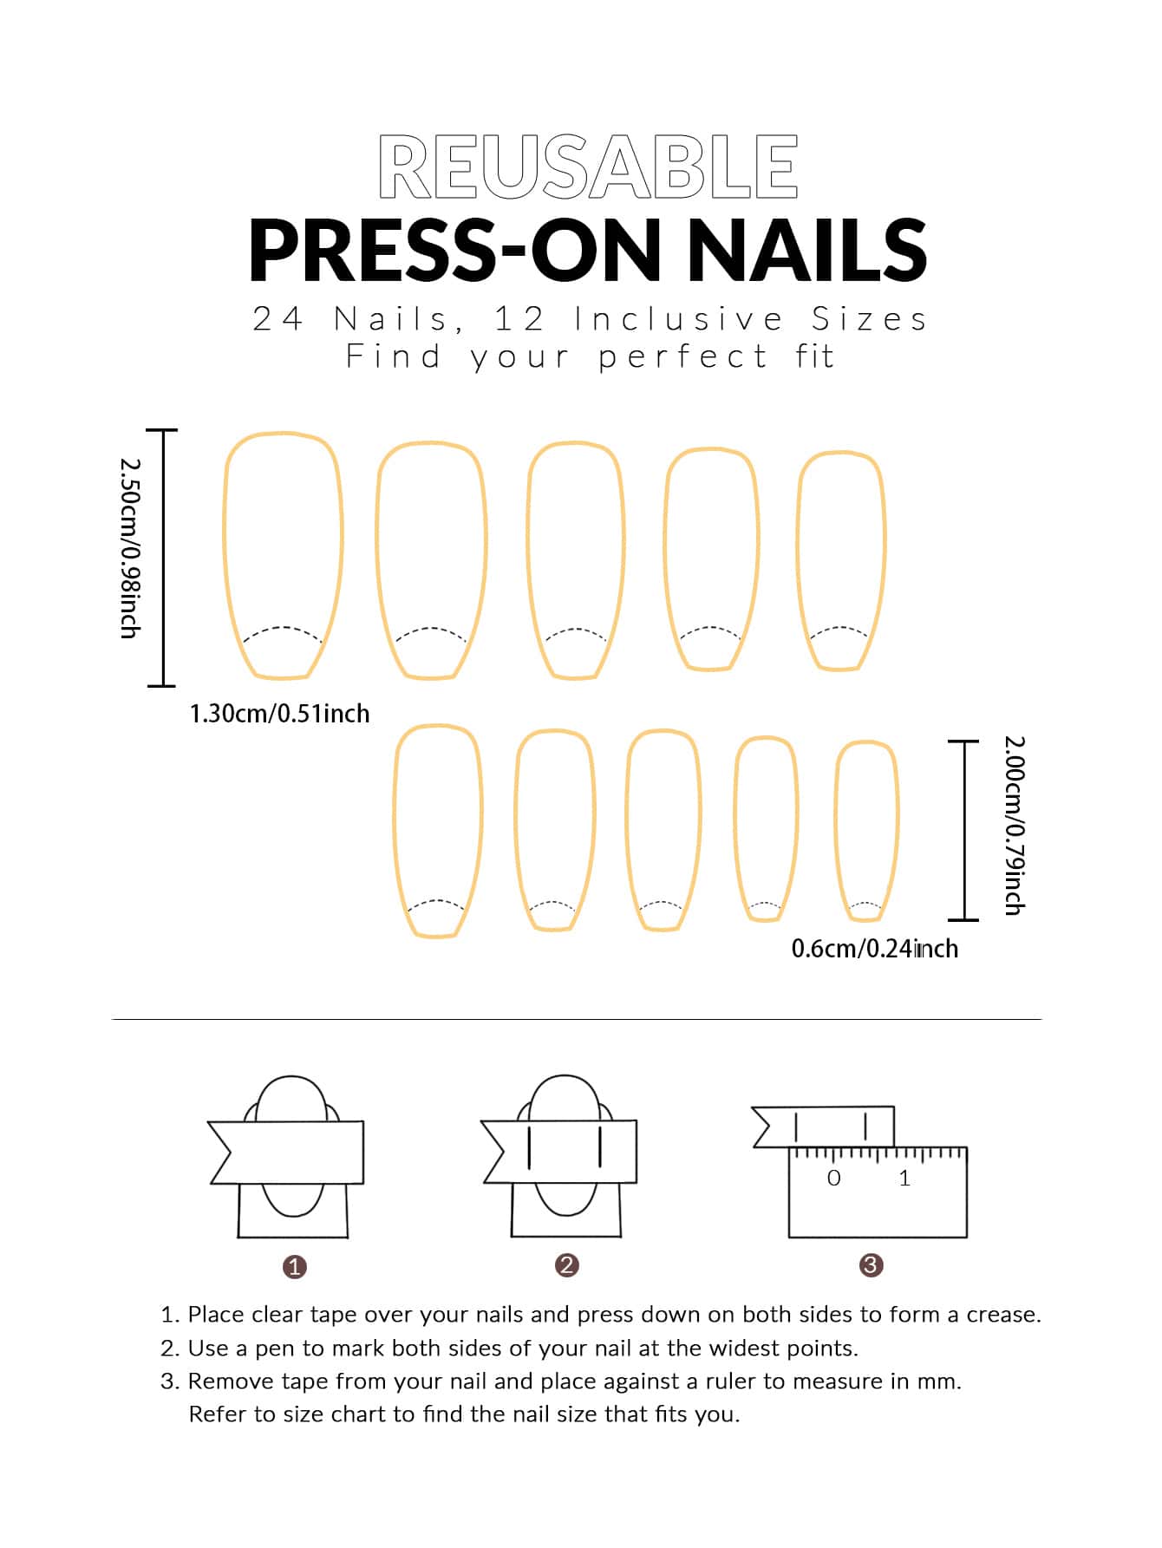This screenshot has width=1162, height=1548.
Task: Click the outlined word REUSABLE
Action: [588, 167]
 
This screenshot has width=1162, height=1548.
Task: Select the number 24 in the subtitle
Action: [277, 319]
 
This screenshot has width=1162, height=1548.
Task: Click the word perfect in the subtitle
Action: [683, 356]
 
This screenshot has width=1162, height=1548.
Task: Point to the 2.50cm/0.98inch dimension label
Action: [129, 548]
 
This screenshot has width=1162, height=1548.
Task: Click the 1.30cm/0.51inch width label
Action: [279, 714]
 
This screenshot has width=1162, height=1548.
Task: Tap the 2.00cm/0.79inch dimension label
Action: [1015, 825]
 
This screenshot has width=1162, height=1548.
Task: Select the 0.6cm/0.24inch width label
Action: [874, 949]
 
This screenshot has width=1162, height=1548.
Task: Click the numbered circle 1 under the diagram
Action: [295, 1267]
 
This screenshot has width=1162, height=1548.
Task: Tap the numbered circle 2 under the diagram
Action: [566, 1265]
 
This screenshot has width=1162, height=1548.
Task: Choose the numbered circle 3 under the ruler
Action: [871, 1265]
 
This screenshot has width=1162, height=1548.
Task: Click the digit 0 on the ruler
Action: [834, 1178]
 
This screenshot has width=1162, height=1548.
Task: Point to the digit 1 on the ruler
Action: [904, 1178]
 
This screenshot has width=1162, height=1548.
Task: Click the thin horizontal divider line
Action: [577, 1019]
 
